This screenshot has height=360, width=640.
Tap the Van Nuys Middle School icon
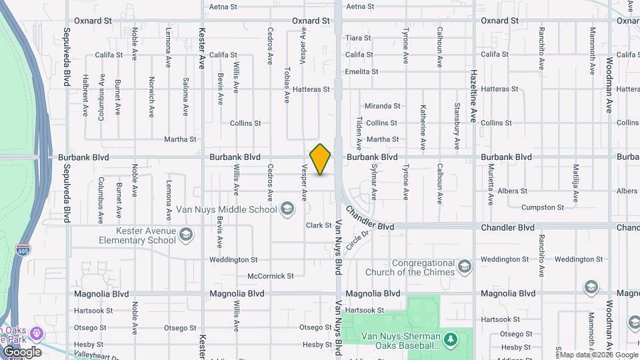tap(287, 209)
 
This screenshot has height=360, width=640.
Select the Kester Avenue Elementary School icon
tap(186, 235)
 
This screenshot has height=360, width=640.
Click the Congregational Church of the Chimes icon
tap(465, 267)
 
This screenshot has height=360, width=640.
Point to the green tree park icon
tap(451, 340)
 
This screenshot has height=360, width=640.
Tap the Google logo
tap(21, 352)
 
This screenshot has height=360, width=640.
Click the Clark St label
tap(319, 226)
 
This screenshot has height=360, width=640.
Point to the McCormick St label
tap(270, 276)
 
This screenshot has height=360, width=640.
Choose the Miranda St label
tap(382, 106)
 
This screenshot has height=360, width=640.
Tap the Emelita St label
tap(361, 71)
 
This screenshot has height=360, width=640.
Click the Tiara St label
tap(358, 38)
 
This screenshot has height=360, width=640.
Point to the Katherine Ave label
tap(423, 127)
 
